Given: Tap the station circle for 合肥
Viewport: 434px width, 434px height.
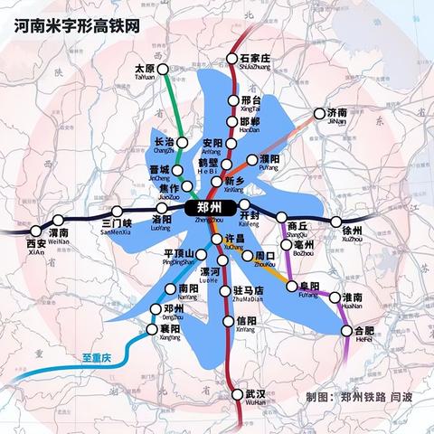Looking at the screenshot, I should pyautogui.click(x=347, y=332).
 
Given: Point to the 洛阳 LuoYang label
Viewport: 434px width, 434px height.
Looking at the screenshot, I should pyautogui.click(x=163, y=223).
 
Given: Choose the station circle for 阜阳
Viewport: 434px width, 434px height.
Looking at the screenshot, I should pyautogui.click(x=292, y=287).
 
